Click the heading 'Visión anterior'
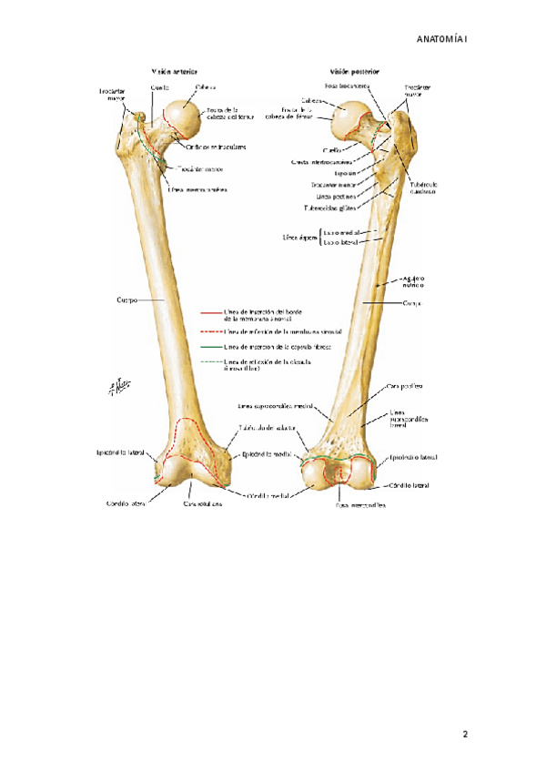(175, 70)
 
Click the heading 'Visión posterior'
(356, 70)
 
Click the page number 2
(464, 734)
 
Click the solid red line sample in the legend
(210, 311)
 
